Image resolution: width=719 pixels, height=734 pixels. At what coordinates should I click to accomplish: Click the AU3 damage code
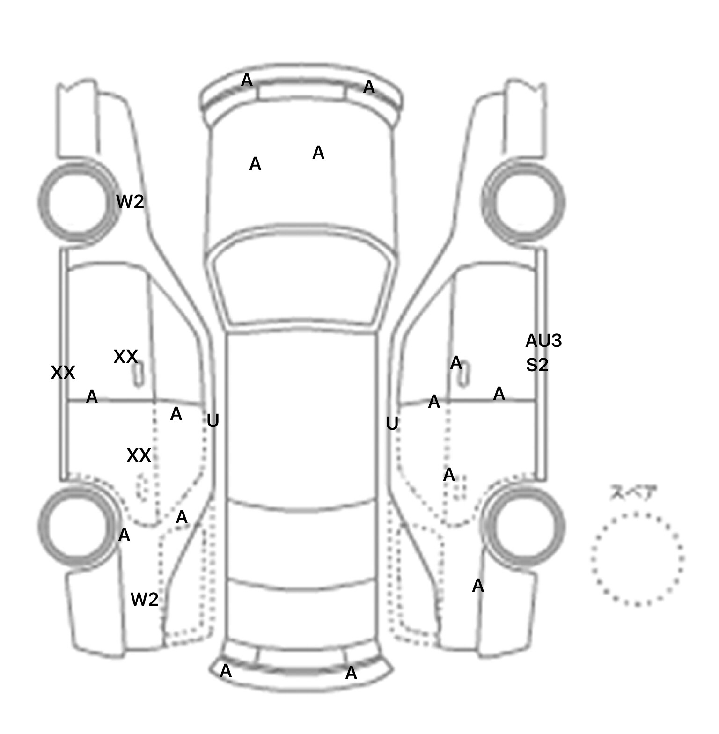(543, 341)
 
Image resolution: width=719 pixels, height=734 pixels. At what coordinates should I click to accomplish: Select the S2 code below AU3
(537, 365)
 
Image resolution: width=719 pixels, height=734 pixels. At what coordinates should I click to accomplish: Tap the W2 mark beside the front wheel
(130, 202)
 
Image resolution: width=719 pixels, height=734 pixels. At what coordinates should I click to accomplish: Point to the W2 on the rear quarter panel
(144, 599)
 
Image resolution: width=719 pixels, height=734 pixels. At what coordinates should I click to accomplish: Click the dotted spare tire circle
(637, 559)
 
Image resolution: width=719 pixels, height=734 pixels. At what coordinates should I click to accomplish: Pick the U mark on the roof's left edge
(213, 421)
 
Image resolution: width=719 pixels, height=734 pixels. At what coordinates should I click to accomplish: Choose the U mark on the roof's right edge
(392, 424)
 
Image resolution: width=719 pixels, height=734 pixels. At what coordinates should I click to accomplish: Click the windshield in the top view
(302, 281)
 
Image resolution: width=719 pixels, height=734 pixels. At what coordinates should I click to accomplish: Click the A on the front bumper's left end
(247, 81)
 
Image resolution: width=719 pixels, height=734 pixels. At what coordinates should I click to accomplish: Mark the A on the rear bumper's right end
(351, 673)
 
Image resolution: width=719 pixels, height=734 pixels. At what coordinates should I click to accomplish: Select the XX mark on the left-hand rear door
(139, 455)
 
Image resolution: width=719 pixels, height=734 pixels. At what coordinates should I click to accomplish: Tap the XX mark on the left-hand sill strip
(63, 373)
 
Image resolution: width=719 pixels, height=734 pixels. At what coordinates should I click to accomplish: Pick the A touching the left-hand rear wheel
(124, 535)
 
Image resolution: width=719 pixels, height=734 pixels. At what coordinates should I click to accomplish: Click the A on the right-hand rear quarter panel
(477, 585)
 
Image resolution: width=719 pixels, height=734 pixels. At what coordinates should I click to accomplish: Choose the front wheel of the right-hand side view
(523, 202)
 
